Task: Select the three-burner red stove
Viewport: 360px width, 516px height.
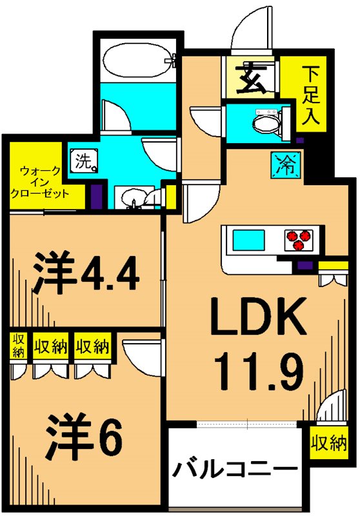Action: point(297,240)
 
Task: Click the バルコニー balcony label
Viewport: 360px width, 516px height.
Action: point(235,470)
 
